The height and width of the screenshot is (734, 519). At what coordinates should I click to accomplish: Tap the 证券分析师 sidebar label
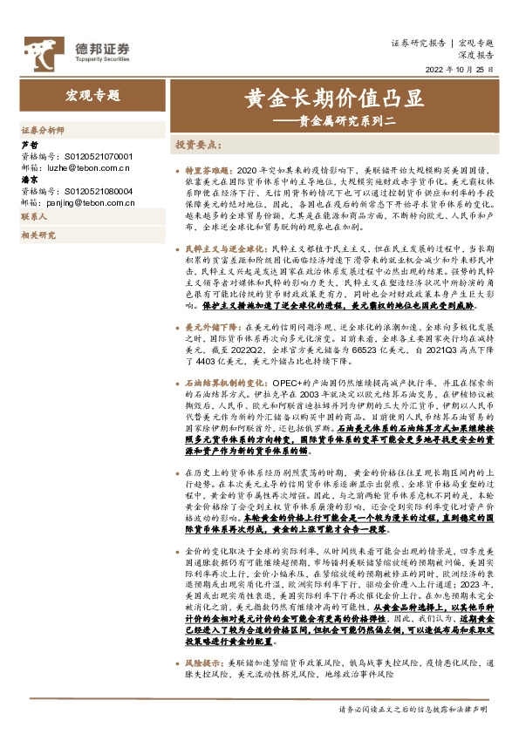[x=42, y=129]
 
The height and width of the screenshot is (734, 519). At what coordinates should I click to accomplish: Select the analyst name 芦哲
[x=29, y=145]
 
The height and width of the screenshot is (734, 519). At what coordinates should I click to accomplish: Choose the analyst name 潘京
[x=29, y=180]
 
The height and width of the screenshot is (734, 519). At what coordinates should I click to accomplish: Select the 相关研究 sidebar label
[x=38, y=235]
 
